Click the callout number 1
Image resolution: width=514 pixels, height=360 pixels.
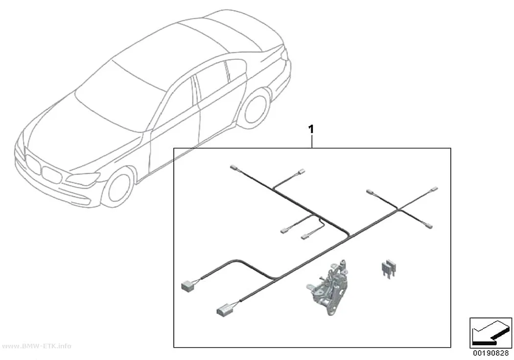pyautogui.click(x=311, y=129)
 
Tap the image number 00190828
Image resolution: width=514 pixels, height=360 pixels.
pyautogui.click(x=491, y=353)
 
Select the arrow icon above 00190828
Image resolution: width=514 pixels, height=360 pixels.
pyautogui.click(x=491, y=333)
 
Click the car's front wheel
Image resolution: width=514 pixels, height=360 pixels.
pyautogui.click(x=118, y=188)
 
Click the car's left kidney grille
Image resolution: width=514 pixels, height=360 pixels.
pyautogui.click(x=32, y=164)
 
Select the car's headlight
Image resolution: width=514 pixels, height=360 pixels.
pyautogui.click(x=84, y=178)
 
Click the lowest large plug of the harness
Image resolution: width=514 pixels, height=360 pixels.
pyautogui.click(x=224, y=311)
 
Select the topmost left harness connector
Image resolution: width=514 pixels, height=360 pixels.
pyautogui.click(x=234, y=167)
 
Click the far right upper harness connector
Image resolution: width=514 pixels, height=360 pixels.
pyautogui.click(x=434, y=190)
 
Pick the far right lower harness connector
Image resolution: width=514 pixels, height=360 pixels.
pyautogui.click(x=429, y=225)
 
